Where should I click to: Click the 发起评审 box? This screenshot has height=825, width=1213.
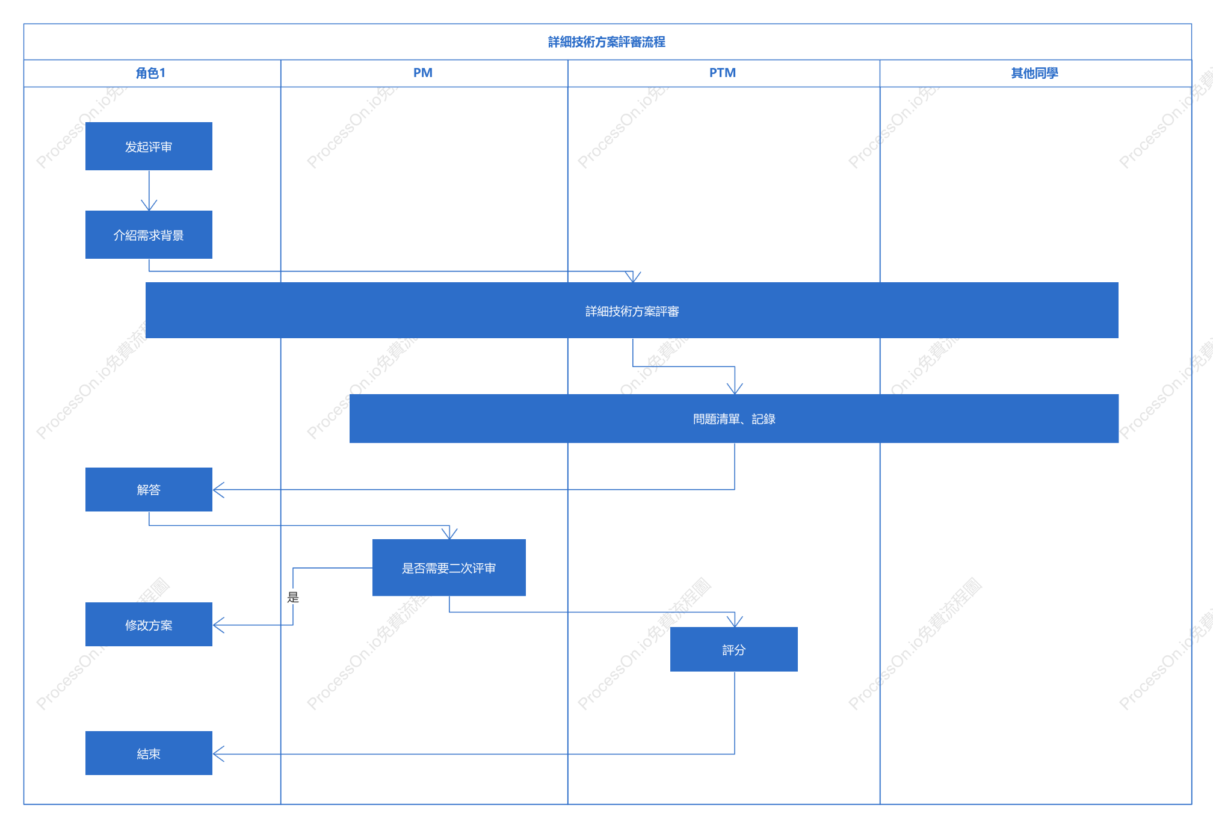pos(149,146)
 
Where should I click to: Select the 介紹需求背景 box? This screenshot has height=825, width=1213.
pos(149,235)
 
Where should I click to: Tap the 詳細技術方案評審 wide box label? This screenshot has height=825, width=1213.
pos(632,311)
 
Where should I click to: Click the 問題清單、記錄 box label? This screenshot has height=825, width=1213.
pos(734,419)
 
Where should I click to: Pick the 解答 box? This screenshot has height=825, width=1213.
pos(149,489)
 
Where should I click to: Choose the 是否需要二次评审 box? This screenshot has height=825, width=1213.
pos(449,567)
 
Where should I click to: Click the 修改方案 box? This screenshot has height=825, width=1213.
pos(149,624)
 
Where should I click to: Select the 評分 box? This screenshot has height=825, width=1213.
pos(734,649)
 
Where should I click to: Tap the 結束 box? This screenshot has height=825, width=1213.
pos(149,753)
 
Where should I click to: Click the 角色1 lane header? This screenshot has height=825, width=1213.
pos(151,73)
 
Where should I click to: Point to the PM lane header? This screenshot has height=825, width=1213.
pos(423,73)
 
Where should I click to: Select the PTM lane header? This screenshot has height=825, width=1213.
pos(723,73)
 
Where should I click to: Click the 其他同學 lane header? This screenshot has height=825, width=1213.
pos(1034,73)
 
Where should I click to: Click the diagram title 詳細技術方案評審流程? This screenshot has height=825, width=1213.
pos(606,42)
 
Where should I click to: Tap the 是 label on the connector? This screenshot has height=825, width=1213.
pos(293,597)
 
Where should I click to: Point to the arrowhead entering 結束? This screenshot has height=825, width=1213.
pos(218,753)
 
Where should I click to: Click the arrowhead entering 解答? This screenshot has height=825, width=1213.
pos(218,490)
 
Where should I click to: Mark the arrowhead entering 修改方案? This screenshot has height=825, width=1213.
pos(218,625)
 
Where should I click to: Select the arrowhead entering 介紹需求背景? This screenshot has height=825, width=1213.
pos(149,205)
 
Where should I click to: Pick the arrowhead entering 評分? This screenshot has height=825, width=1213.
pos(735,622)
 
